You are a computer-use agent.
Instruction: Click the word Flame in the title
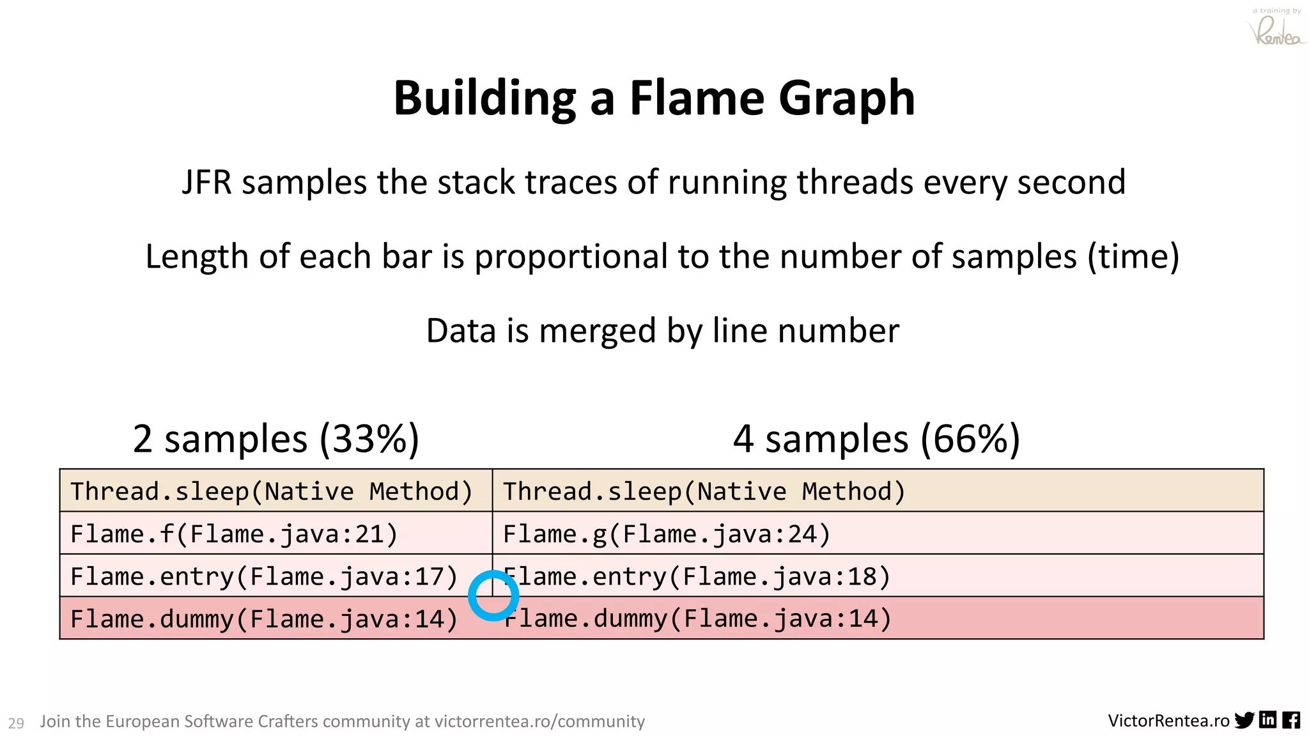697,98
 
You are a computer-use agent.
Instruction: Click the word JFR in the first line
206,183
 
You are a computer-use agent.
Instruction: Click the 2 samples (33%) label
275,439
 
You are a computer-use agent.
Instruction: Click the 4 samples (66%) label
876,439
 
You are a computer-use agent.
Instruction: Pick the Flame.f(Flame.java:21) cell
234,534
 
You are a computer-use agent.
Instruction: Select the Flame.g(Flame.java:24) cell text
666,534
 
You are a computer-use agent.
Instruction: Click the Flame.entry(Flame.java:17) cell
263,577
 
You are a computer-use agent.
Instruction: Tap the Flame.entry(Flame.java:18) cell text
697,577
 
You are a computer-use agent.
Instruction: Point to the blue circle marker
493,596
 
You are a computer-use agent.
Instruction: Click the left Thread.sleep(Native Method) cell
271,491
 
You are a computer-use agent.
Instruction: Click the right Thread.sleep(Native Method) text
704,491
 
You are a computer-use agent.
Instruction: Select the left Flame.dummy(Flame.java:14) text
263,619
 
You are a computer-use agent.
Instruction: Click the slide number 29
16,723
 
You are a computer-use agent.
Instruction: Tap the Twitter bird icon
1244,720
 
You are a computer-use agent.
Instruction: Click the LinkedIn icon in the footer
1267,720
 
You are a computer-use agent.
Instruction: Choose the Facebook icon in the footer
1290,720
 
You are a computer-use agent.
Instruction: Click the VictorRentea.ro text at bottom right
1168,721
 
